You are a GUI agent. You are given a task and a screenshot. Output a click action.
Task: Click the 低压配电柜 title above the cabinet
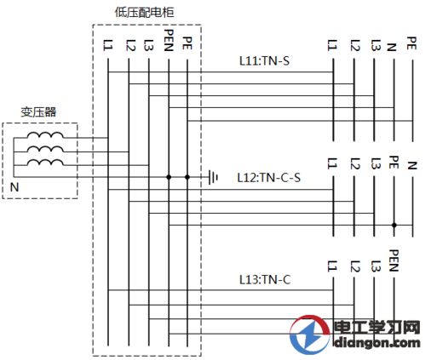(144, 12)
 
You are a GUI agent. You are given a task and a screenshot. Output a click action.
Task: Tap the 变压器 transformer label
(38, 112)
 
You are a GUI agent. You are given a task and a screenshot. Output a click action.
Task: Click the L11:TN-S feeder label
(264, 61)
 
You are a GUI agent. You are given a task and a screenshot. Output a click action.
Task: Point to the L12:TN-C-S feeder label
(268, 178)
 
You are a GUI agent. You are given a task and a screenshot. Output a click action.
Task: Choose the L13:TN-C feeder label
(265, 280)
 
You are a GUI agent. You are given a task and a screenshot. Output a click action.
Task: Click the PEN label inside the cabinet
(169, 40)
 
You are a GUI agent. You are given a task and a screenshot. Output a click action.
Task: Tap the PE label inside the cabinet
(187, 43)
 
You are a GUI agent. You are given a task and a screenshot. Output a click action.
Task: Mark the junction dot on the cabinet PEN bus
(169, 177)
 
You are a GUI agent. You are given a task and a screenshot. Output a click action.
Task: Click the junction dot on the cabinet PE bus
(187, 177)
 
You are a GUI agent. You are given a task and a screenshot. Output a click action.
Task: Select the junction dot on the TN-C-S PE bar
(394, 226)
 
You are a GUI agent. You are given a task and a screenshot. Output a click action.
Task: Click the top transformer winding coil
(45, 135)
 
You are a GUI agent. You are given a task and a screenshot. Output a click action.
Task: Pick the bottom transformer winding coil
(45, 163)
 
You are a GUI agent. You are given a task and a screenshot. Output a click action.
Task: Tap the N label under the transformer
(14, 187)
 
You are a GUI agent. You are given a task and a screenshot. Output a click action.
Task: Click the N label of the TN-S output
(392, 47)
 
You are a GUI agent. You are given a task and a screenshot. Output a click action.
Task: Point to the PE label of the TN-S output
(411, 43)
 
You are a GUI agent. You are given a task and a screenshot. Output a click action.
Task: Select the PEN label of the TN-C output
(393, 260)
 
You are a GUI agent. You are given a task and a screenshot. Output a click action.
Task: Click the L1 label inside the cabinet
(108, 45)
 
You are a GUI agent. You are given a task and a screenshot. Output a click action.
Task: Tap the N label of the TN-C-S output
(412, 166)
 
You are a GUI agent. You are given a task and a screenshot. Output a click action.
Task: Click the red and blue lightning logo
(310, 334)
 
